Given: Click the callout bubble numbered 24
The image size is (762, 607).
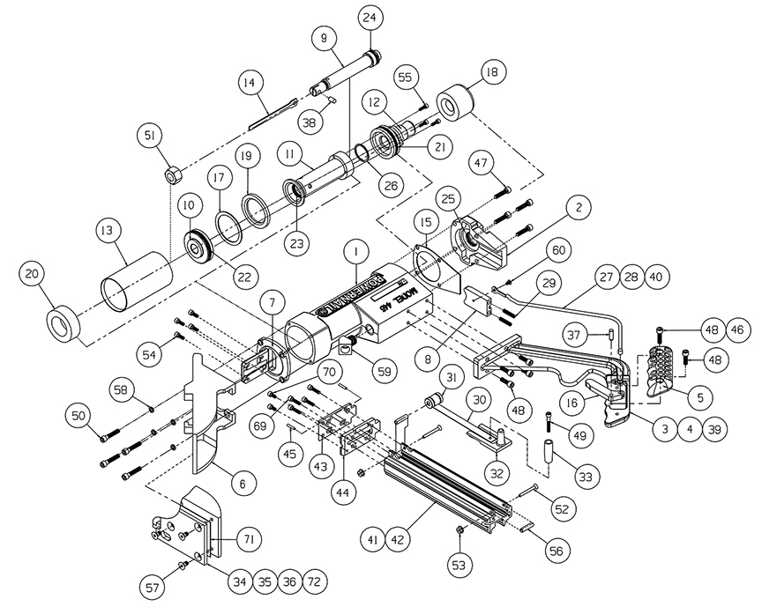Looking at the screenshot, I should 369,18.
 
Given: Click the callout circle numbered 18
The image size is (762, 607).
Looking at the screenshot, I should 491,72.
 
